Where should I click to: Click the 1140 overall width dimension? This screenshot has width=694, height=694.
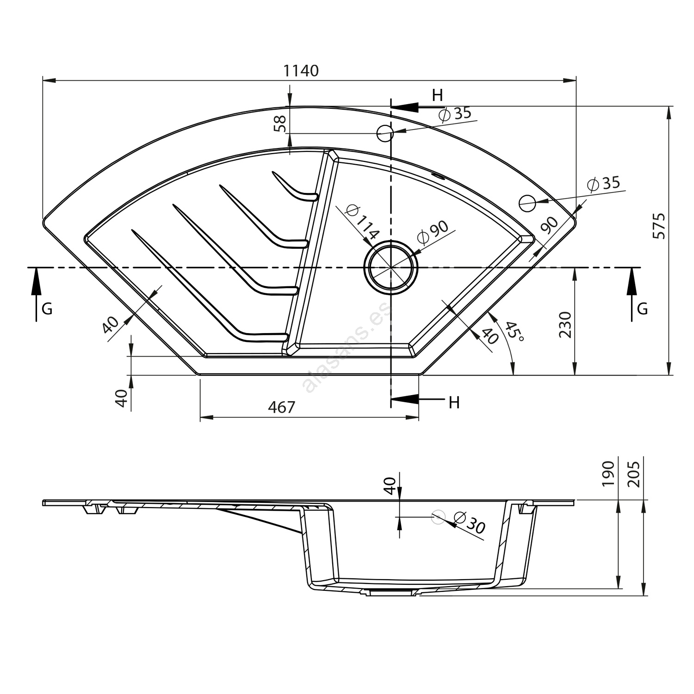point(301,71)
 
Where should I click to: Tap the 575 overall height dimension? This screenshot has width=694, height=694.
point(659,226)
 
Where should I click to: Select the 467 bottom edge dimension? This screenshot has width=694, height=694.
point(281,407)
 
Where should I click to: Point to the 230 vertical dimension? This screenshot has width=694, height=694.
point(565,325)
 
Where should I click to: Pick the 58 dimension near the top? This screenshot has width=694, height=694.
point(280,124)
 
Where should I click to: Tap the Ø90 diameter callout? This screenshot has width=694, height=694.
point(433,232)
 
